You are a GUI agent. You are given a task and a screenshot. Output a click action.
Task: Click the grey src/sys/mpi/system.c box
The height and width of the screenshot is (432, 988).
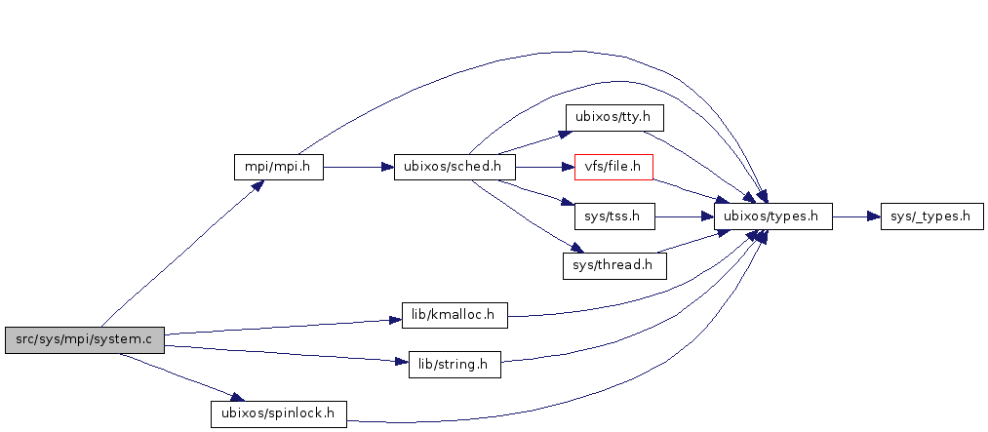84,340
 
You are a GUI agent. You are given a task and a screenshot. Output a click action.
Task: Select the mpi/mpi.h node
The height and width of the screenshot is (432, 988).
278,167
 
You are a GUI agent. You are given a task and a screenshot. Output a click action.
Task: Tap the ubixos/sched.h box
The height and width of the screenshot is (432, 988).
454,167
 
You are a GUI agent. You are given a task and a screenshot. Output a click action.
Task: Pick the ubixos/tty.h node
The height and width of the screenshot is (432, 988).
613,119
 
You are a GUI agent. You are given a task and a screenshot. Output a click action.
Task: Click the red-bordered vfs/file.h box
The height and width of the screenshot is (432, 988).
613,168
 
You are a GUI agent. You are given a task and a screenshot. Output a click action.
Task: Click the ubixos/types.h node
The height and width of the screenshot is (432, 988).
772,216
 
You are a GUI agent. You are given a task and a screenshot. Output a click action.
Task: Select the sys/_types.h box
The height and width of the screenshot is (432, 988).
930,216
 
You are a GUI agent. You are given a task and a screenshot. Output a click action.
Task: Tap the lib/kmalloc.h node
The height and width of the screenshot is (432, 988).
454,315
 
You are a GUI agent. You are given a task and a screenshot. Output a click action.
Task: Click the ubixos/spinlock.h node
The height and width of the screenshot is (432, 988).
279,413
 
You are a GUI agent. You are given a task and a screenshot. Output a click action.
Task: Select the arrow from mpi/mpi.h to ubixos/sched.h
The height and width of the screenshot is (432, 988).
357,167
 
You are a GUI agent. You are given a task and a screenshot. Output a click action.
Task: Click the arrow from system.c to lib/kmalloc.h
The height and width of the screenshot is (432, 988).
283,327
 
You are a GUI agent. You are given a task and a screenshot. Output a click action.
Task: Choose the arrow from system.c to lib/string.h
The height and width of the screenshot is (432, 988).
283,352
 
